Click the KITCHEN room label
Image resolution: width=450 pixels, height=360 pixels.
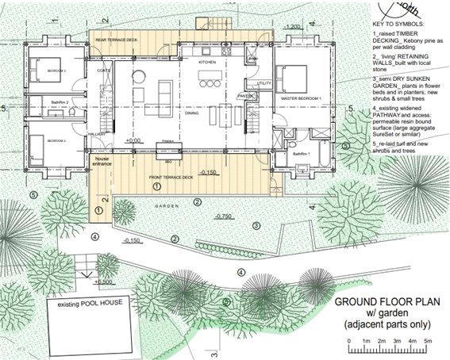207,61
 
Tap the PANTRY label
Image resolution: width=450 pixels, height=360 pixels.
244,96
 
